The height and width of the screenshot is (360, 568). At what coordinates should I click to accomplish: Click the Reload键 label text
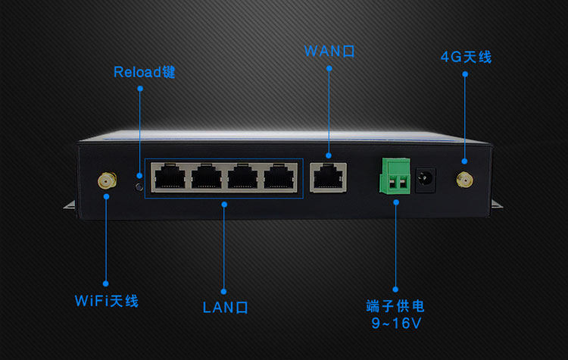tap(145, 73)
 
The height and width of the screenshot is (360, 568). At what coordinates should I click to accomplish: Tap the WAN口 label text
tap(329, 52)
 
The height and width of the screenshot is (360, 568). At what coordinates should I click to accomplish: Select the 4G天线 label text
tap(466, 57)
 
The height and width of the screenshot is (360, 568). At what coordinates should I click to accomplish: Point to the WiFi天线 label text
tap(107, 301)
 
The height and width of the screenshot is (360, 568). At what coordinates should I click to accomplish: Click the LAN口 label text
tap(226, 307)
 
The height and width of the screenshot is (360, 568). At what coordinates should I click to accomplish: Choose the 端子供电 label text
tap(395, 307)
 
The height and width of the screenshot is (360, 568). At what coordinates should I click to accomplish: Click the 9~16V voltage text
tap(395, 324)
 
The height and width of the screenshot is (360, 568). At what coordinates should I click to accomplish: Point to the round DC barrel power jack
tap(425, 180)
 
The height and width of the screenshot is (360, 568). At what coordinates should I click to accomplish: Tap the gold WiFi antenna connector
tap(105, 180)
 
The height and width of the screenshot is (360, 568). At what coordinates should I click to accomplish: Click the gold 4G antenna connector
tap(463, 180)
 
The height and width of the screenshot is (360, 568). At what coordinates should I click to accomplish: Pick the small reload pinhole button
tap(139, 186)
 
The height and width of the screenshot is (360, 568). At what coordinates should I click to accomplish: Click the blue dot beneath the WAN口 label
tap(329, 68)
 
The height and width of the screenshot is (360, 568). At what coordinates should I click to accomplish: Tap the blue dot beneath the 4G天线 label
tap(465, 74)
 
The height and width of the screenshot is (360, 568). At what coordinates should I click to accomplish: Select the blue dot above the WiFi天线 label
tap(106, 283)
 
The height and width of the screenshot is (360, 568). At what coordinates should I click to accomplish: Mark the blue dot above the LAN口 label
tap(225, 289)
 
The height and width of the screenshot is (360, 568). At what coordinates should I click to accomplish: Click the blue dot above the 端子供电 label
tap(395, 288)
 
